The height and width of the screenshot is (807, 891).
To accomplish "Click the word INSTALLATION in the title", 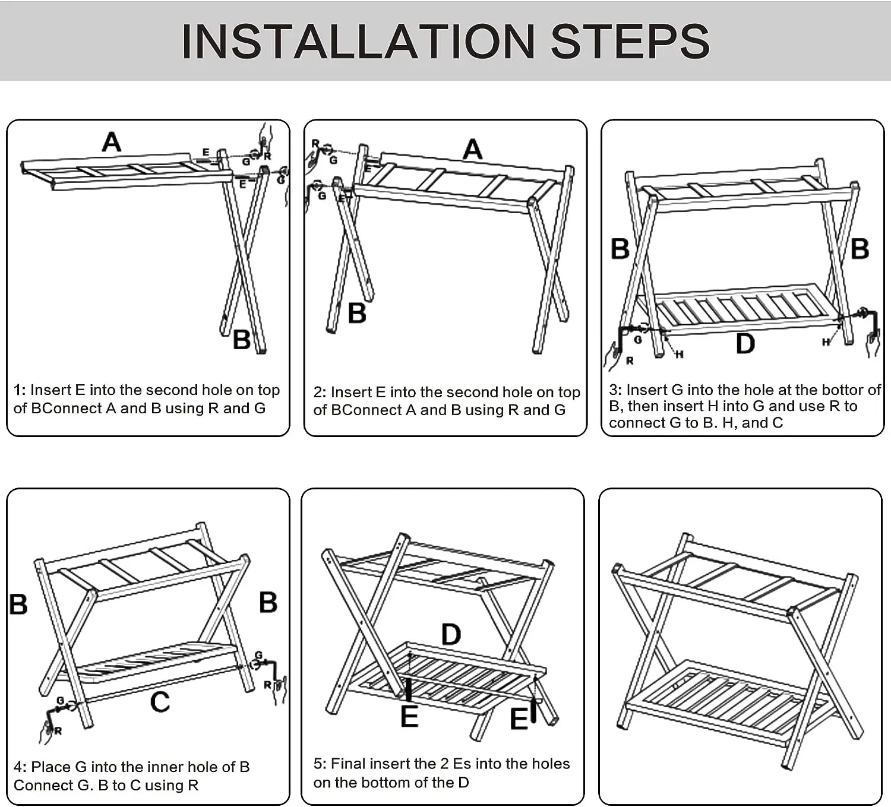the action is [x=358, y=42].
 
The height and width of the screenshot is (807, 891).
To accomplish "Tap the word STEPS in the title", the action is [x=630, y=42].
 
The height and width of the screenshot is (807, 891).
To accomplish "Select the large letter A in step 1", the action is [x=111, y=142].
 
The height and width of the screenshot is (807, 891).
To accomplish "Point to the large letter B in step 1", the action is [x=242, y=340].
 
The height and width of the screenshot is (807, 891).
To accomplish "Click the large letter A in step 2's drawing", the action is [x=472, y=149].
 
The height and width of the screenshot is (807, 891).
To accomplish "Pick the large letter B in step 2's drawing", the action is [x=357, y=313].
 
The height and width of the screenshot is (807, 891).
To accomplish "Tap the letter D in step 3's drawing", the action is [x=745, y=343].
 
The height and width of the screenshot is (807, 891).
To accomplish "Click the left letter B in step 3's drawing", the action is [x=620, y=249].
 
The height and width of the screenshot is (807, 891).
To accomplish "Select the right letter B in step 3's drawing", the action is [x=860, y=249].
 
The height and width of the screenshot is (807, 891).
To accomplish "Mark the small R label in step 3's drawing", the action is [x=630, y=360].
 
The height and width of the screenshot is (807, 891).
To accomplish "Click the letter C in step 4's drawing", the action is [x=160, y=702].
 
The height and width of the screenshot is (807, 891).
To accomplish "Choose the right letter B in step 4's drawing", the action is [x=268, y=603].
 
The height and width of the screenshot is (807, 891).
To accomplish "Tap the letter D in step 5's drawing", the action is [x=451, y=634].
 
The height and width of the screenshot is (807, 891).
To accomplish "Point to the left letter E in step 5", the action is [x=409, y=716].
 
